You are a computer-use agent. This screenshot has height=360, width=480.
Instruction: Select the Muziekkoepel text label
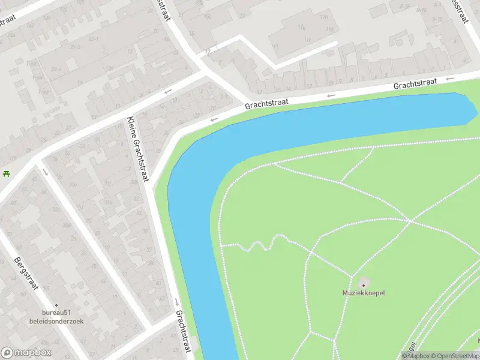[364, 293]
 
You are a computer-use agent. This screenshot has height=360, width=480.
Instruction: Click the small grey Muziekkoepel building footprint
[364, 283]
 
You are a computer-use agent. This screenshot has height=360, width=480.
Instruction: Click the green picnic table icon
[6, 173]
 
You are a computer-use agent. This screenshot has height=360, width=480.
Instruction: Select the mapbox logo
[26, 353]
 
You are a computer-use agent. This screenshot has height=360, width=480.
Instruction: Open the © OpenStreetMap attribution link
[454, 356]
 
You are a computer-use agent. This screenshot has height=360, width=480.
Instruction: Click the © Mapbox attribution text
[415, 356]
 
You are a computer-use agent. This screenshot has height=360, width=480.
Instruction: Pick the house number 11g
[302, 27]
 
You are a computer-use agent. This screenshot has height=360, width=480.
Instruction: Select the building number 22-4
[58, 69]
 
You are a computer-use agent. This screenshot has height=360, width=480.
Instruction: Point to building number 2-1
[224, 96]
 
